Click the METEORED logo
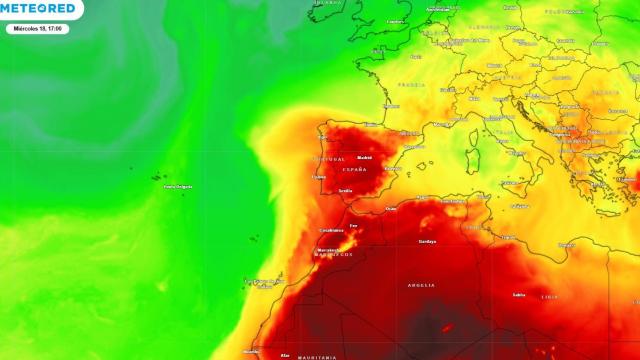[39, 8]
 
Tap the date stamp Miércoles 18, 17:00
[36, 29]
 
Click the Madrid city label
[364, 157]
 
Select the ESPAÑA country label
[355, 169]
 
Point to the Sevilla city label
[346, 190]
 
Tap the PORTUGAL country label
[330, 159]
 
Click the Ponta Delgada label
[177, 187]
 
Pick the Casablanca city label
[332, 230]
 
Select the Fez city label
[353, 226]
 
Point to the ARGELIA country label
[421, 285]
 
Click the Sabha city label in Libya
[518, 295]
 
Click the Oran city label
[391, 209]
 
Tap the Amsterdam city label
[437, 9]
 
